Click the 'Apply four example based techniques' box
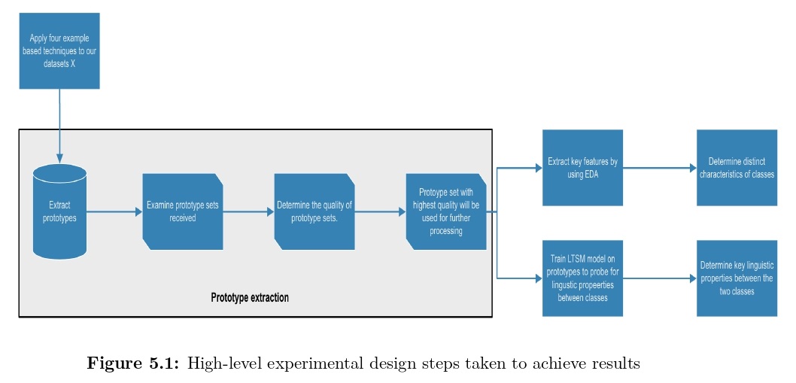click(59, 51)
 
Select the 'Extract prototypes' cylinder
click(59, 211)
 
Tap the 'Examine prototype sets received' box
click(183, 211)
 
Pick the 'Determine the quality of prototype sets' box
click(314, 211)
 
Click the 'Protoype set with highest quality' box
click(446, 211)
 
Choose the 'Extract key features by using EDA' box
click(582, 168)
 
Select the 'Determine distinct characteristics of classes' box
click(737, 168)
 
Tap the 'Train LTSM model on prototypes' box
click(582, 278)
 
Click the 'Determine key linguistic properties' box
click(737, 278)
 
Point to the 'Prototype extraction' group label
click(250, 298)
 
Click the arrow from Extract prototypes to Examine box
click(114, 212)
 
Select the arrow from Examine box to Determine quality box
click(249, 212)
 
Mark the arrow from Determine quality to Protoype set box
click(380, 212)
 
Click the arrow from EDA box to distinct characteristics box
click(659, 168)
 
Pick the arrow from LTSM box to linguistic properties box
click(659, 278)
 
